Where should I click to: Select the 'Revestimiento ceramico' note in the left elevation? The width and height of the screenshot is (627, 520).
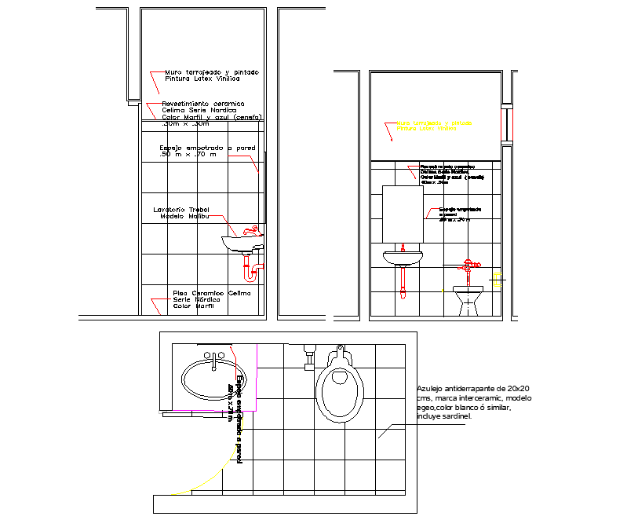[203, 104]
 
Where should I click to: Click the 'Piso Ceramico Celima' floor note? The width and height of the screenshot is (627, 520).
[211, 293]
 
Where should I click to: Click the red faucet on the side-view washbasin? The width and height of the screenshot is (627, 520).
[250, 231]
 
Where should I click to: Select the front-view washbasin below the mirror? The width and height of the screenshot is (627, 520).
[403, 257]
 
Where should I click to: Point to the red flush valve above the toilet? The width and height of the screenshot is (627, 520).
[468, 265]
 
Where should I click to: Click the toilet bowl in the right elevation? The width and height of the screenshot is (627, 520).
[468, 298]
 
